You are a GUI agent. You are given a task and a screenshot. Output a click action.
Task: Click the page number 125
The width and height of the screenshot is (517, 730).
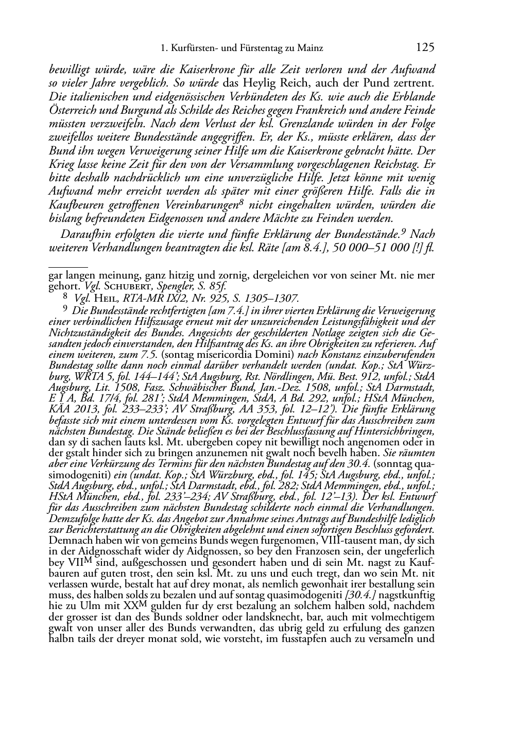click(x=425, y=48)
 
